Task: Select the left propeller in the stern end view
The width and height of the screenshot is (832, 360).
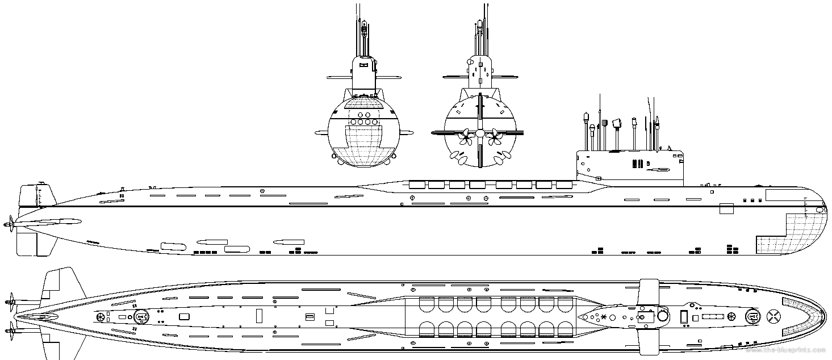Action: pos(465,135)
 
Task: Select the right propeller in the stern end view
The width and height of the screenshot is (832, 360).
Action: pos(494,135)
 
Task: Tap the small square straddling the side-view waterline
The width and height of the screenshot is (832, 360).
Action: pos(726,208)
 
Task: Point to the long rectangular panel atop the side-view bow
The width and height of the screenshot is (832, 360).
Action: pos(784,194)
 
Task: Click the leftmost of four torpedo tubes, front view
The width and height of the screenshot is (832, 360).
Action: pos(353,122)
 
